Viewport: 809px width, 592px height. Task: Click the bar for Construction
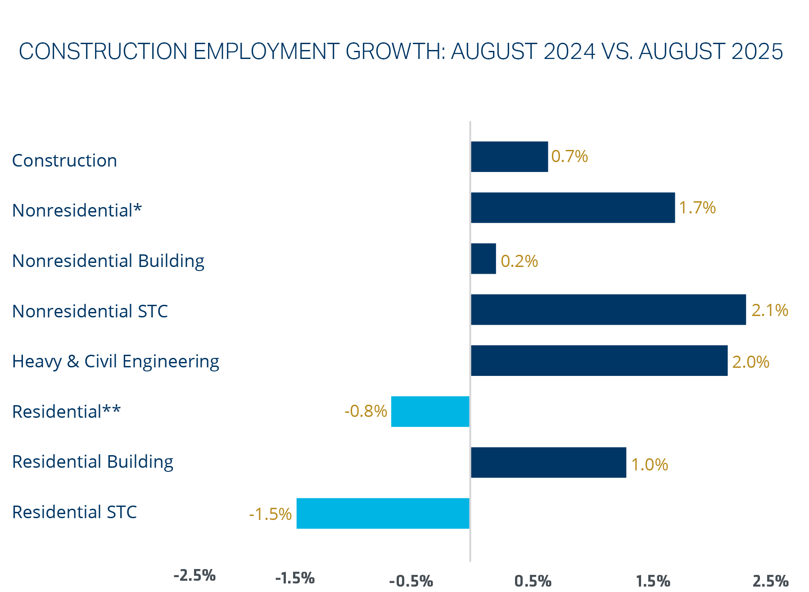pos(509,157)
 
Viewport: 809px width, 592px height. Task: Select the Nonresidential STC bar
pos(608,310)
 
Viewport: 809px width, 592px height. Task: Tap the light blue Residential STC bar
pos(383,513)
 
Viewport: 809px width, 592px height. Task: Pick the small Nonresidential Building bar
pos(484,259)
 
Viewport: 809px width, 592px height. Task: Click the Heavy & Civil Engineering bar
pos(599,361)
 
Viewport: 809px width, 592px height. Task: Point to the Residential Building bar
pos(548,462)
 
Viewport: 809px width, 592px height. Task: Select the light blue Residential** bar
pos(430,411)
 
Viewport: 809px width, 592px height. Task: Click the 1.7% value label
pos(697,208)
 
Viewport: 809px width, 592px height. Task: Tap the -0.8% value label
pos(366,411)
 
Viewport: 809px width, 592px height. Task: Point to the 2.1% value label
pos(769,310)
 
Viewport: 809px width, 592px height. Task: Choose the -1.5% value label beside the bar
pos(270,514)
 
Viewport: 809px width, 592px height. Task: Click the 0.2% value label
pos(519,261)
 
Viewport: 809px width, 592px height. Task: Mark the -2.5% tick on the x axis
pos(194,575)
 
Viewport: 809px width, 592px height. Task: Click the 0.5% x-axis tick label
pos(533,581)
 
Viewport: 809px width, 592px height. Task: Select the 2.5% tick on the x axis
pos(770,581)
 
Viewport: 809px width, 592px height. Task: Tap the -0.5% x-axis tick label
pos(411,581)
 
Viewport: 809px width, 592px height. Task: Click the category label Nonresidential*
pos(77,210)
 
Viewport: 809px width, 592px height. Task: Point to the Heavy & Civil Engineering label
pos(116,362)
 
